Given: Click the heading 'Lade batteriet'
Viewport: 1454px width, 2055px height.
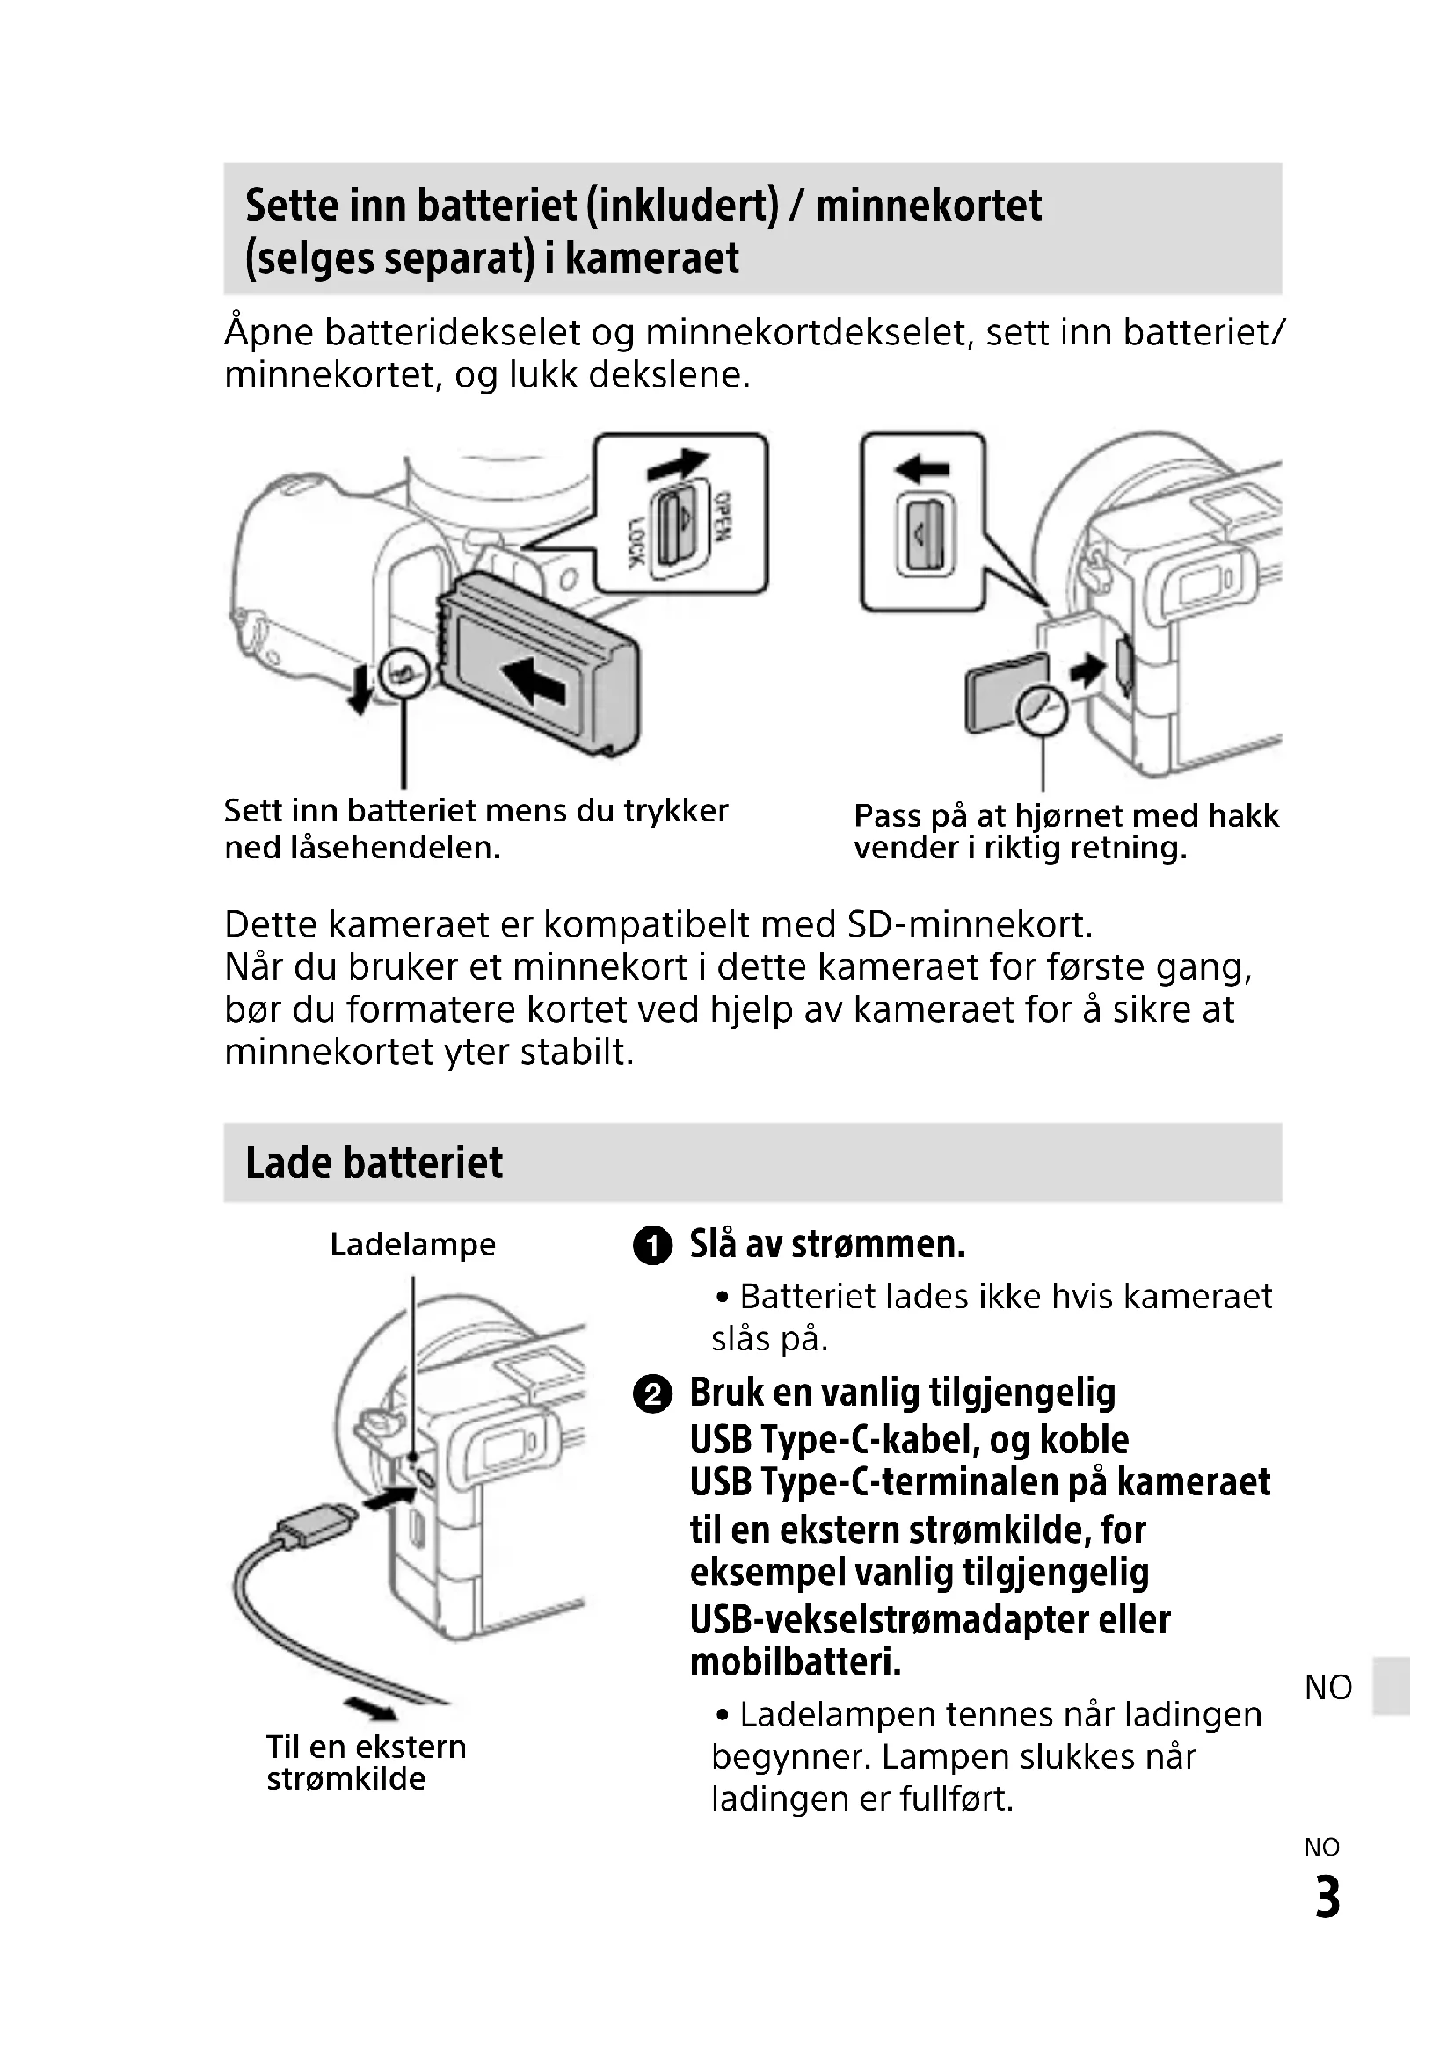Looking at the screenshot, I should tap(374, 1162).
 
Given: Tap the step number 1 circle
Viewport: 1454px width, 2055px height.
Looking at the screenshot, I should tap(651, 1246).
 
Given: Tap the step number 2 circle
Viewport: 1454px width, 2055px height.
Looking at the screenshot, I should tap(651, 1394).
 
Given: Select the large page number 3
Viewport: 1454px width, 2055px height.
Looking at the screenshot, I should tap(1327, 1898).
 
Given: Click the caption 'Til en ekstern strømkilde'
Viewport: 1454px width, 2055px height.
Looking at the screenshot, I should tap(366, 1762).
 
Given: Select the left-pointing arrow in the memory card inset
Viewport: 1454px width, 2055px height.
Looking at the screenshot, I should tap(921, 468).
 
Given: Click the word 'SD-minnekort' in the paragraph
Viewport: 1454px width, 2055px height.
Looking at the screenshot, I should tap(970, 924).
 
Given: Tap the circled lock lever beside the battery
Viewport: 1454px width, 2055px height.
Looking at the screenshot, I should tap(403, 671).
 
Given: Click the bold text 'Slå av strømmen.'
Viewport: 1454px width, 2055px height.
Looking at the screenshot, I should tap(827, 1244).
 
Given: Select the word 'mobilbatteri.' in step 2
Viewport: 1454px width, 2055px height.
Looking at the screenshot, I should tap(795, 1663).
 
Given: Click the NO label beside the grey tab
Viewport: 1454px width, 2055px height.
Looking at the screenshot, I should tap(1327, 1687).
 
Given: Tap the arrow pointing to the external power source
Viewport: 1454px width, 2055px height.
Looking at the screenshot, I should tap(371, 1709).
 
